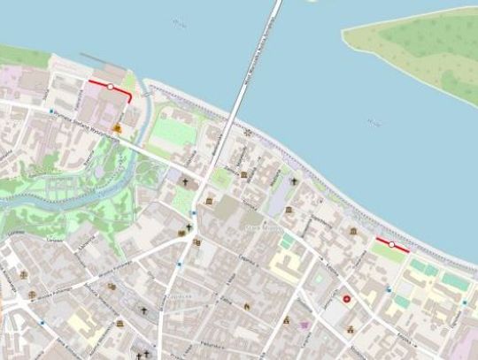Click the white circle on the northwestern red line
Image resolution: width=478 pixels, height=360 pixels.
click(110, 86)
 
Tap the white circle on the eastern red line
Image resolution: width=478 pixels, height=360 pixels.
click(392, 244)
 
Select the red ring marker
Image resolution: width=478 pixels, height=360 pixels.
click(347, 300)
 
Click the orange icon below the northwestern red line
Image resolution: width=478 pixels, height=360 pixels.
click(118, 128)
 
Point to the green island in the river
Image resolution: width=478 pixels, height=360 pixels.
click(416, 49)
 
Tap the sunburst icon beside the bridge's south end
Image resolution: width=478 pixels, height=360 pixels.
click(247, 132)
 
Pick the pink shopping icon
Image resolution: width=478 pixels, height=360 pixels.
click(305, 326)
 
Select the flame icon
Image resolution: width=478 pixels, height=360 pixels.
click(247, 307)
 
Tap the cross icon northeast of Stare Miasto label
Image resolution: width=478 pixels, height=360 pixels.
click(294, 181)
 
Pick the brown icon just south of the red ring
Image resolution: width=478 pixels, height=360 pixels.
click(351, 329)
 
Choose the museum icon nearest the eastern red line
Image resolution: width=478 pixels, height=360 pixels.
click(353, 232)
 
